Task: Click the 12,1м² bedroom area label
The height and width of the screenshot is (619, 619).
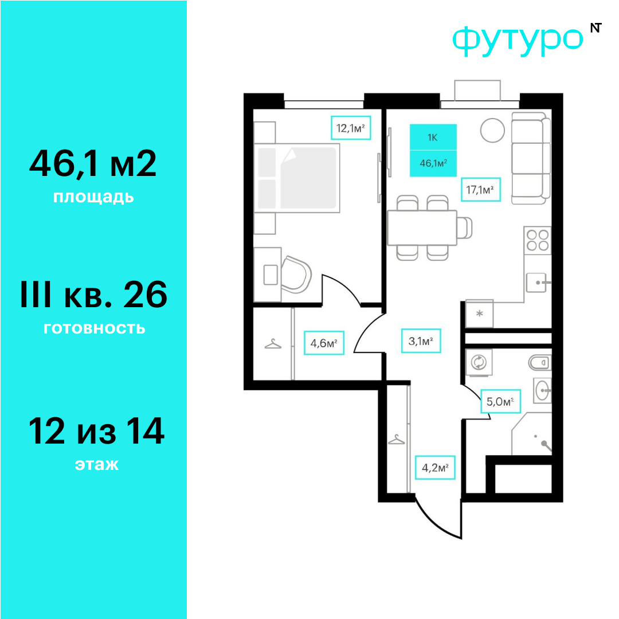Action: [x=351, y=128]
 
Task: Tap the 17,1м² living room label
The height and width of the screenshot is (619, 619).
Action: [x=481, y=190]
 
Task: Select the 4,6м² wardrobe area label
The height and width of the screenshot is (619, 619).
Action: [x=324, y=343]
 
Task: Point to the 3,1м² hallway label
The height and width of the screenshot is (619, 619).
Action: [x=421, y=340]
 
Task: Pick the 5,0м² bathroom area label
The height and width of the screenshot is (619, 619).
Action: [x=500, y=401]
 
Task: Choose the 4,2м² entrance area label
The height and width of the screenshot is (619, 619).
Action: [x=435, y=468]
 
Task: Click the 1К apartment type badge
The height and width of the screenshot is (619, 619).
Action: [x=433, y=138]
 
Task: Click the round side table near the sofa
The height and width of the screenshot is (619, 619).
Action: [x=492, y=130]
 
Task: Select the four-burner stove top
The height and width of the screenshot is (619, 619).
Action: [x=537, y=240]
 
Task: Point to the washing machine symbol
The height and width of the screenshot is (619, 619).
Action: [x=479, y=362]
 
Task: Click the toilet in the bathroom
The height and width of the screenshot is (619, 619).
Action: [x=540, y=362]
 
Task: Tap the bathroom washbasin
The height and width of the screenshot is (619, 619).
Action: [x=542, y=390]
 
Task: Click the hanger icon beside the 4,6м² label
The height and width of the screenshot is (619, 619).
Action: [x=273, y=344]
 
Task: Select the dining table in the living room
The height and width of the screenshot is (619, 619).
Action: [x=422, y=228]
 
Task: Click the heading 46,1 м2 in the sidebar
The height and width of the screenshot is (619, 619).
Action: [x=93, y=163]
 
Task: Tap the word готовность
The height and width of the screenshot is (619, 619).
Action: [x=95, y=328]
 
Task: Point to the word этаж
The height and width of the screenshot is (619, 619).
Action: [x=97, y=464]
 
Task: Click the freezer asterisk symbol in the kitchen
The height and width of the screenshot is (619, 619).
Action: [x=479, y=314]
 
